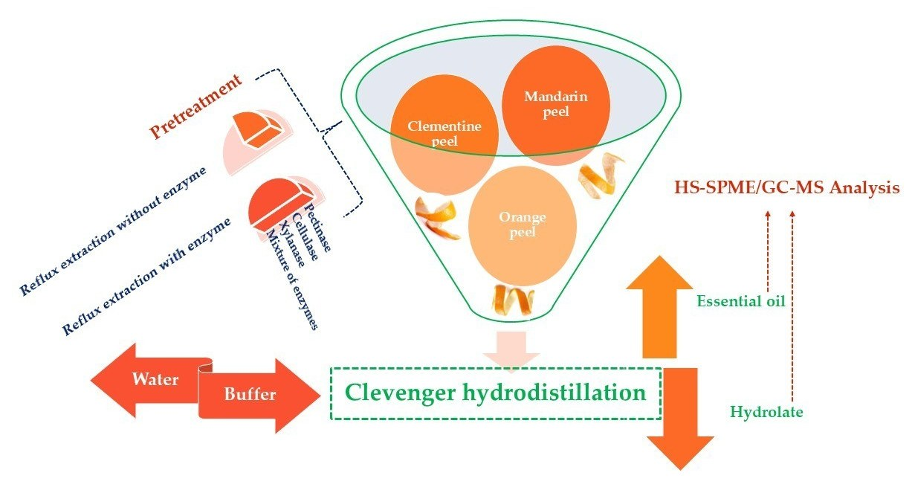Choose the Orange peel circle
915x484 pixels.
tap(523, 224)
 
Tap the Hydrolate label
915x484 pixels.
tap(766, 411)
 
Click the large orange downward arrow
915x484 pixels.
tap(677, 420)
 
